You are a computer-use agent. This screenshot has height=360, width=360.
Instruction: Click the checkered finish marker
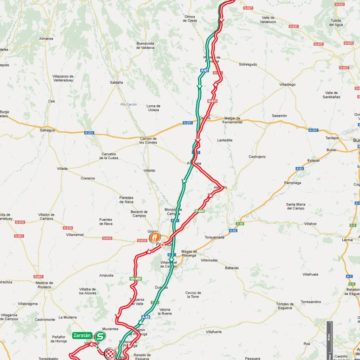pos(109,353)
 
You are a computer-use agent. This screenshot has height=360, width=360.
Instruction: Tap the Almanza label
pos(46,37)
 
